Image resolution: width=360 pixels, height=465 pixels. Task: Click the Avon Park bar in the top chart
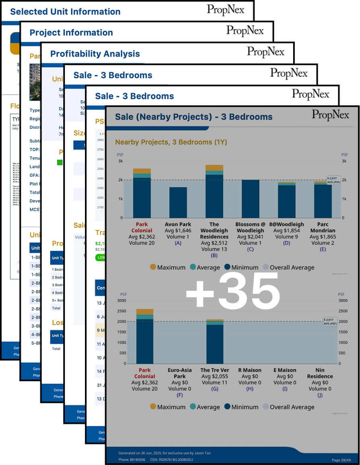coord(178,202)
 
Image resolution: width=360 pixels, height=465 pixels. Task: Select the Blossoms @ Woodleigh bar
coord(250,198)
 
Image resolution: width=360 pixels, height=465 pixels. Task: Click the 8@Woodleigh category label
coord(286,224)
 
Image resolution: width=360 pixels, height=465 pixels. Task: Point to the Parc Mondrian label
coord(323,227)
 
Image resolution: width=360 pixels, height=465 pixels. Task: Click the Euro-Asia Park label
coord(180,373)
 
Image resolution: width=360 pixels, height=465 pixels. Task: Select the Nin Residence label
coord(323,373)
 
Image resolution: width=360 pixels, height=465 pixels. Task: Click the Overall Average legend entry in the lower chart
coord(288,407)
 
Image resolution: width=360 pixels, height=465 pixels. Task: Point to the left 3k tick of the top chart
coord(120,161)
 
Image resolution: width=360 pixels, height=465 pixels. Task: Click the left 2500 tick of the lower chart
coord(122,311)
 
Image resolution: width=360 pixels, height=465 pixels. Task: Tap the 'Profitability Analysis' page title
coord(95,54)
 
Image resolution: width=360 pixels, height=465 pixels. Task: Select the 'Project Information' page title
coord(71,33)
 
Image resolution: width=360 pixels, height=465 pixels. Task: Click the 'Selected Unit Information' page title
coord(65,12)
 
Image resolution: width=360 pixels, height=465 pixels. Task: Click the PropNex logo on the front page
coord(332,114)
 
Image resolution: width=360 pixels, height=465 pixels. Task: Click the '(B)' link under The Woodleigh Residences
coord(214,256)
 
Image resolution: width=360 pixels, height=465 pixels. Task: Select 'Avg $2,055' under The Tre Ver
coord(215,382)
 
